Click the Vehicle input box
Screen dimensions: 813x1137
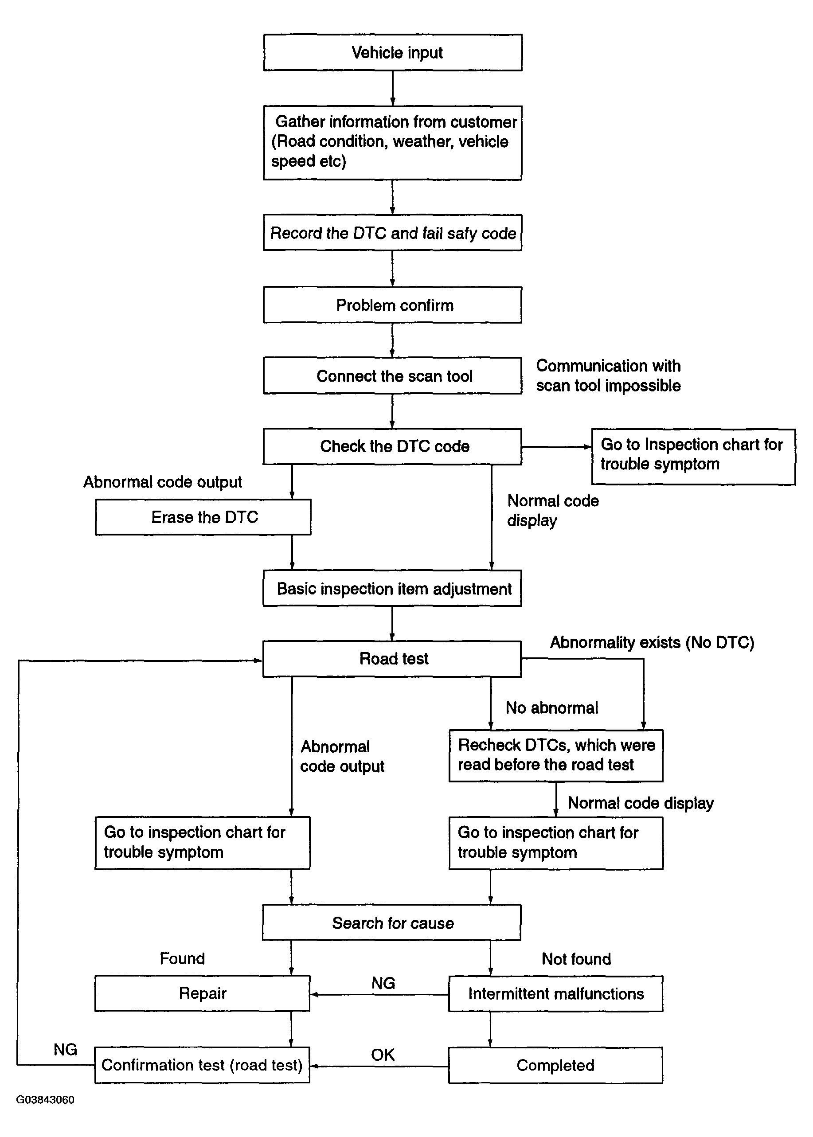(393, 53)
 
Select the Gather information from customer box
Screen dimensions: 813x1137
(393, 143)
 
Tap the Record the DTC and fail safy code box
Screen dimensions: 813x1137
(393, 233)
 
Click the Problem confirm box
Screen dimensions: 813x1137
(393, 305)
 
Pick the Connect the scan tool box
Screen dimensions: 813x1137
(393, 375)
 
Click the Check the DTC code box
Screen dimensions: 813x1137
(393, 446)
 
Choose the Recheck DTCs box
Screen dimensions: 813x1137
(556, 755)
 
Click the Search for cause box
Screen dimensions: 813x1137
(392, 922)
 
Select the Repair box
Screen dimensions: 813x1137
(203, 993)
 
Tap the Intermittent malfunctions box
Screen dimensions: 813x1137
(556, 993)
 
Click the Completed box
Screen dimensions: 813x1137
(556, 1065)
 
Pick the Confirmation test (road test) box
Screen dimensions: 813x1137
(202, 1065)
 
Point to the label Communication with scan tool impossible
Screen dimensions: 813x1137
(608, 375)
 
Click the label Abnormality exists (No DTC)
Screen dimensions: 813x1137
(652, 642)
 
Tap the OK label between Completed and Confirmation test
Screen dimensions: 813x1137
(383, 1055)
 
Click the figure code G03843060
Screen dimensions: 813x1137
(46, 1100)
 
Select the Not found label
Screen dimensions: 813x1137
(577, 959)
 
